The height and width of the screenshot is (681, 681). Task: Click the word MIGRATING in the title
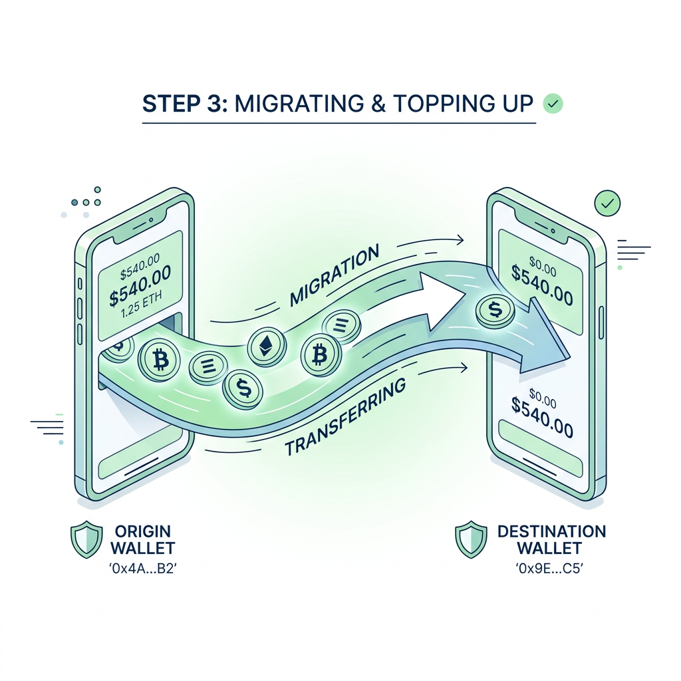tap(299, 103)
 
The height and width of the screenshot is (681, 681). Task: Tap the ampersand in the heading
tap(378, 104)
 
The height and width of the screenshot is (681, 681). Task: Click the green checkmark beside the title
tap(553, 104)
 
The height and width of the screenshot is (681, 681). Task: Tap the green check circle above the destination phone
tap(608, 203)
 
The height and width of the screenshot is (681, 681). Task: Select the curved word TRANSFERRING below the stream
tap(345, 416)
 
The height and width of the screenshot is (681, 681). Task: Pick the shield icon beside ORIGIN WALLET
tap(86, 539)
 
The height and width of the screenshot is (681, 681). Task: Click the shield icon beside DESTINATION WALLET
tap(472, 539)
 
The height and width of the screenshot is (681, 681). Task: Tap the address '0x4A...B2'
tap(143, 569)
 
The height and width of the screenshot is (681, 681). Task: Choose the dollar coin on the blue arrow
tap(495, 309)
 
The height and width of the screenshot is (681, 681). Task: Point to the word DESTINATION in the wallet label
tap(551, 531)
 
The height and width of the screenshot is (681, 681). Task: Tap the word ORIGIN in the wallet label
tap(143, 531)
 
